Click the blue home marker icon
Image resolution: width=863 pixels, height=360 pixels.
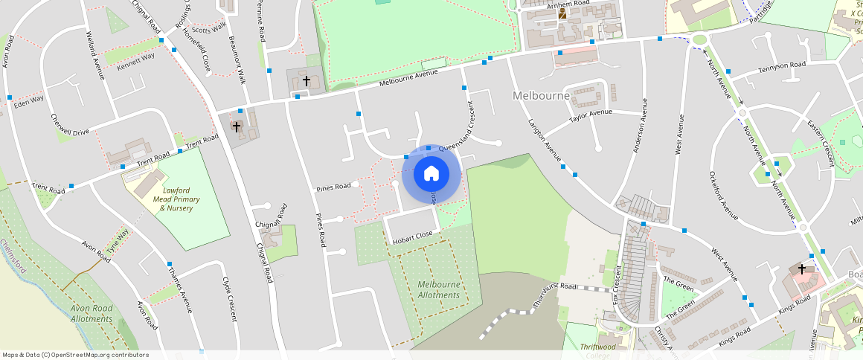click(x=431, y=174)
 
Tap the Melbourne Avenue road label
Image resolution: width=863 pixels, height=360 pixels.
click(x=408, y=77)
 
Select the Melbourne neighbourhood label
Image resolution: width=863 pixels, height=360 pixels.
click(x=541, y=96)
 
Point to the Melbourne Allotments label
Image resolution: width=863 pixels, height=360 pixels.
click(x=439, y=290)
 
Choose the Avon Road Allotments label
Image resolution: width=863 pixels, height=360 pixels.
click(x=92, y=313)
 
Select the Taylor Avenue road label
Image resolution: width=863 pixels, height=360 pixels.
click(x=590, y=116)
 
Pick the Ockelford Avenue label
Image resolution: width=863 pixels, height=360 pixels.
click(x=723, y=196)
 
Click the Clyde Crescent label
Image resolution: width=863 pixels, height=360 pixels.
click(x=229, y=299)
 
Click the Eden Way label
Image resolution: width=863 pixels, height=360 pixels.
click(x=28, y=99)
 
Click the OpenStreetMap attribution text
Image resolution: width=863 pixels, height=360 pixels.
click(x=75, y=355)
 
